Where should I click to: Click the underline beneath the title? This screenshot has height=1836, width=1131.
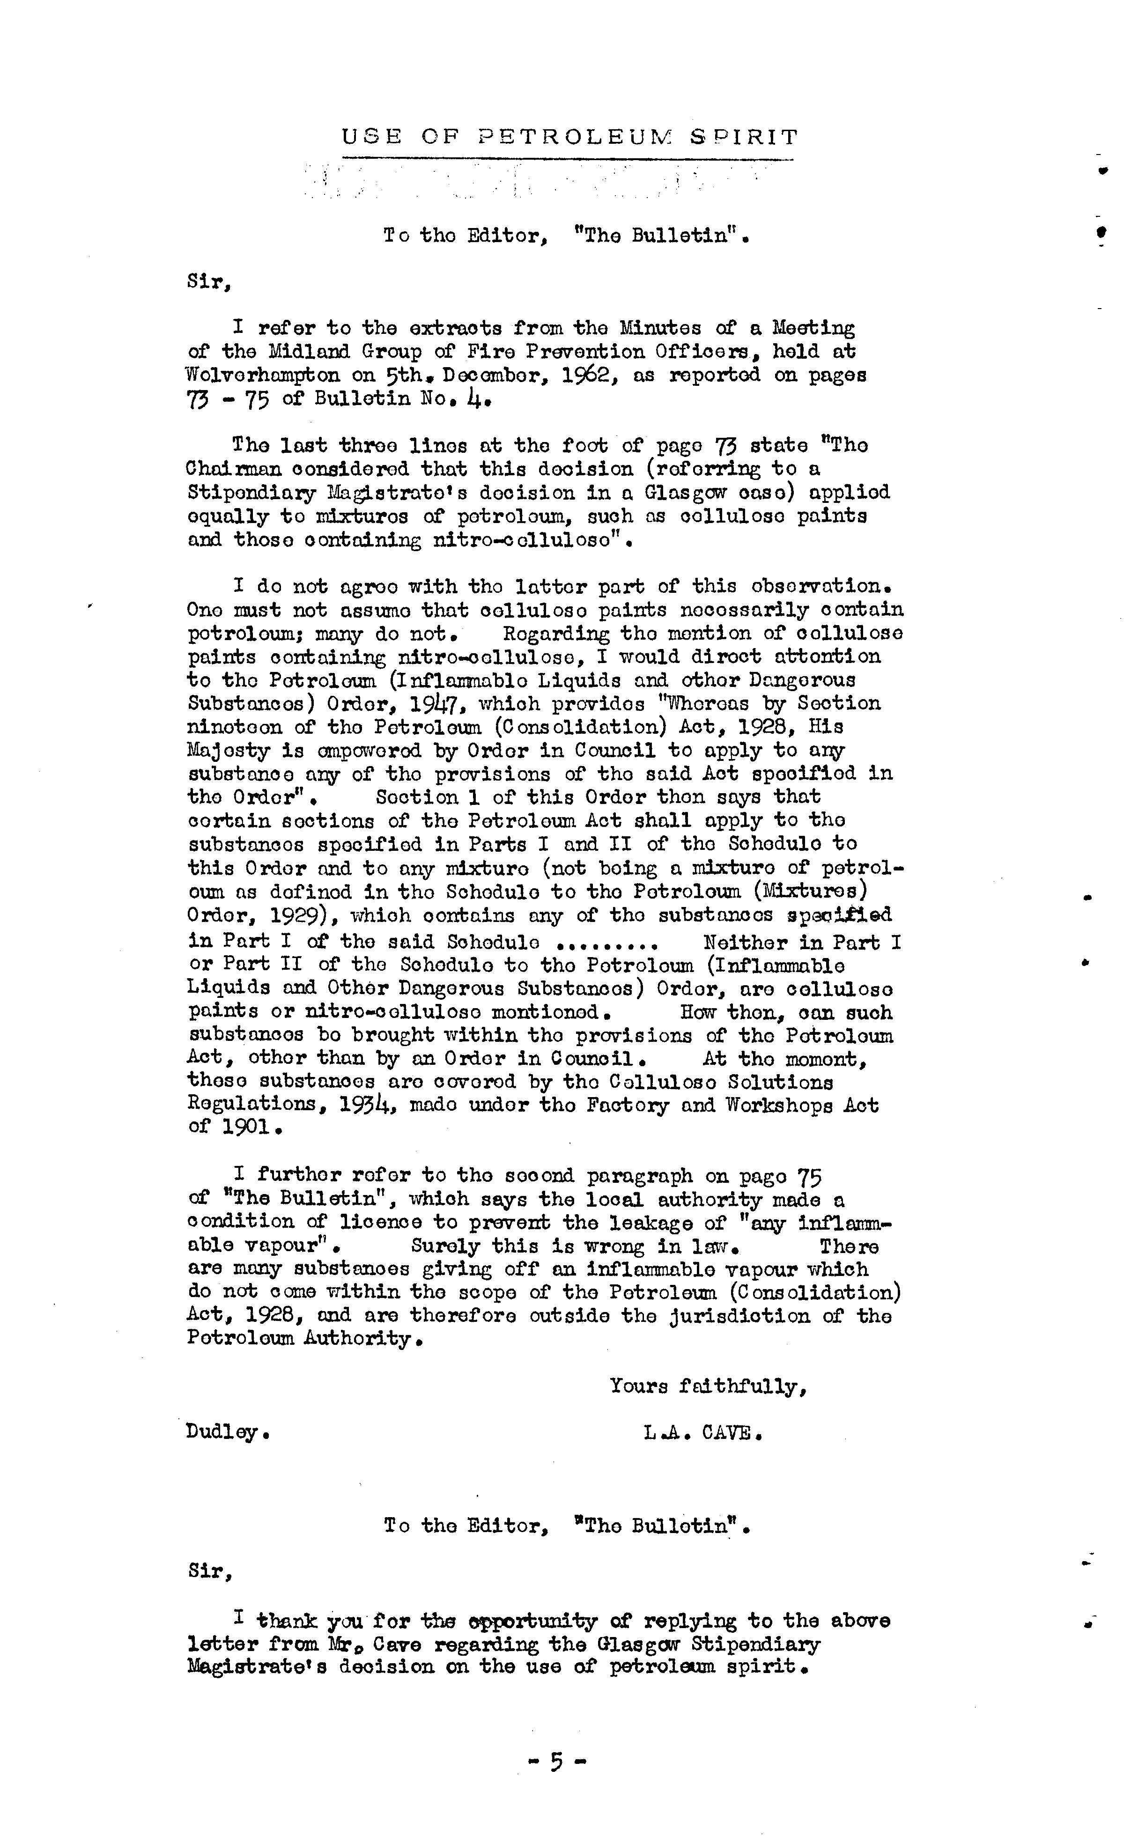[x=567, y=159]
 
